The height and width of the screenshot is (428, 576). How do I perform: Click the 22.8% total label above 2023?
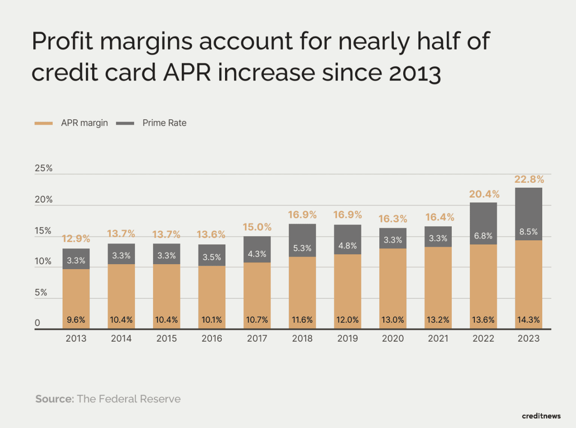[529, 180]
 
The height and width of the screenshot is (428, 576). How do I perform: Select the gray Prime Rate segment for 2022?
[483, 223]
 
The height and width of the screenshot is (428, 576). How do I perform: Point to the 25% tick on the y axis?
[44, 169]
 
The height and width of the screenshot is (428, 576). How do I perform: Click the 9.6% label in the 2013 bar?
[76, 320]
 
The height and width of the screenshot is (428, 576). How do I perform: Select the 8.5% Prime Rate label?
[529, 232]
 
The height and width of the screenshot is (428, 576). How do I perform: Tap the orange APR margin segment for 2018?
[302, 288]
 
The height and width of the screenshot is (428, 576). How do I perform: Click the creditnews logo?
[541, 415]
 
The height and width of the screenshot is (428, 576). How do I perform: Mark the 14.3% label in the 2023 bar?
[529, 320]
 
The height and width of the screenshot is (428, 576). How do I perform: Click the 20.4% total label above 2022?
[483, 194]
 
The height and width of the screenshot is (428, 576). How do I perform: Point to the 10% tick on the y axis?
[44, 261]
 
